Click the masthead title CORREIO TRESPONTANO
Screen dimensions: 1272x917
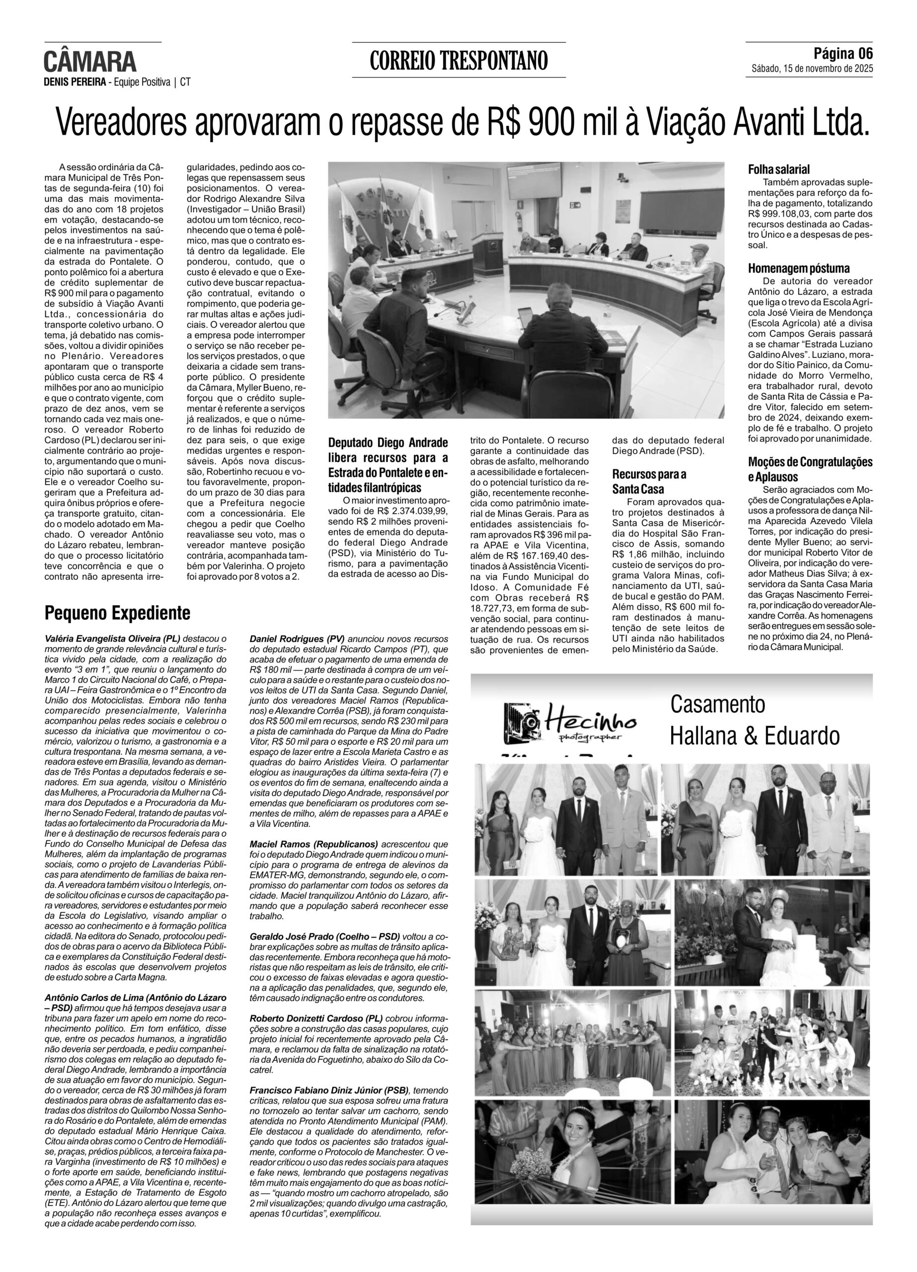coord(458,61)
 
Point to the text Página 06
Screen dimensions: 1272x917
coord(843,54)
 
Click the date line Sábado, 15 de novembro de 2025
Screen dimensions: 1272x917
coord(812,69)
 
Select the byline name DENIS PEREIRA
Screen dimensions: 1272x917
coord(75,82)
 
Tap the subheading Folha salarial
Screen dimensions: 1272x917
coord(779,169)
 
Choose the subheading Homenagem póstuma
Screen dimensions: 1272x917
coord(799,268)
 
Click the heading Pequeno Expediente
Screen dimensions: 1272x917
coord(117,613)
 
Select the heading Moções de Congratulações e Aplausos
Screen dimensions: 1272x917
coord(810,469)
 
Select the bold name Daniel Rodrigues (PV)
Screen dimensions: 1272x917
coord(297,638)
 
